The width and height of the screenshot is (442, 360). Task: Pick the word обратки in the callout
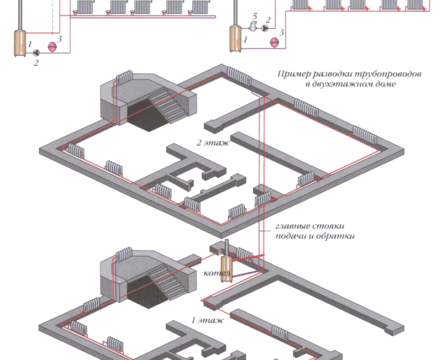point(337,236)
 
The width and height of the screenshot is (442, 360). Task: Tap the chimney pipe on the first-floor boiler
point(227,247)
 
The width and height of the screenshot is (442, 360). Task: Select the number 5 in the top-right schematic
point(255,17)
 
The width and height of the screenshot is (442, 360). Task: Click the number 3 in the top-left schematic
point(60,39)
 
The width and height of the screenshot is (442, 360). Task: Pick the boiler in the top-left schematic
point(20,43)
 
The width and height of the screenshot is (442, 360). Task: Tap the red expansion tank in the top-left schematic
point(52,47)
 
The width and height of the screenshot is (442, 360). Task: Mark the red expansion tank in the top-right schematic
point(273,41)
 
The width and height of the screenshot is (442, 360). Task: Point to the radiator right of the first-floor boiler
point(244,254)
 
